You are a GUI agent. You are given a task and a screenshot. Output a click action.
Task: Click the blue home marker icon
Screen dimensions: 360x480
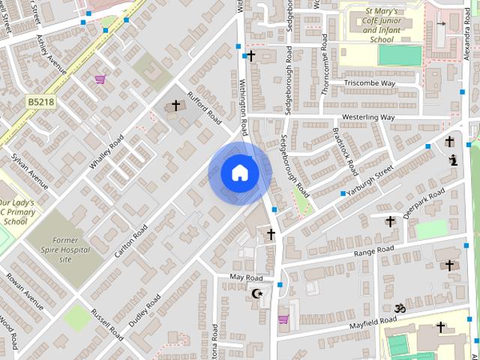240,173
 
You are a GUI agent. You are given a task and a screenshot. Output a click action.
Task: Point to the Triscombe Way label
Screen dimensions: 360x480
370,83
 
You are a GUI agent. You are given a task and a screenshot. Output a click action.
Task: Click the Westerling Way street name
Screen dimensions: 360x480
367,118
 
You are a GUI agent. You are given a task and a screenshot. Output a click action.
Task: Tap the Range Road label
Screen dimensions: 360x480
374,250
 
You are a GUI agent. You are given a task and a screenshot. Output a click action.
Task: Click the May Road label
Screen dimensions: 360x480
246,277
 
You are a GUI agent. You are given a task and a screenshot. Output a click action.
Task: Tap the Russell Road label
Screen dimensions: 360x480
107,324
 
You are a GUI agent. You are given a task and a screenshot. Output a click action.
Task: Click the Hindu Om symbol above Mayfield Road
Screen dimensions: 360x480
399,308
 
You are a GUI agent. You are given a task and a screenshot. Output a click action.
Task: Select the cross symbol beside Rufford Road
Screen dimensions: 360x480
176,106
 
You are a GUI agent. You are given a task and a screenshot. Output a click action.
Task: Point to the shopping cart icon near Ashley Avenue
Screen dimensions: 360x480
100,79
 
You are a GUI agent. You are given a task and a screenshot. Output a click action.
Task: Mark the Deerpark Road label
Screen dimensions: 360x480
424,202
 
